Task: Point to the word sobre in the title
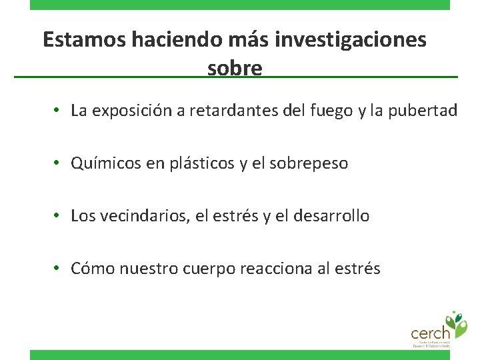235,68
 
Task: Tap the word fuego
331,111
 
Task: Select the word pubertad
425,111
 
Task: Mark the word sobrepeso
309,163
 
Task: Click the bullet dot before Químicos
59,163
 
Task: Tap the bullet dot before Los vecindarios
59,215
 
